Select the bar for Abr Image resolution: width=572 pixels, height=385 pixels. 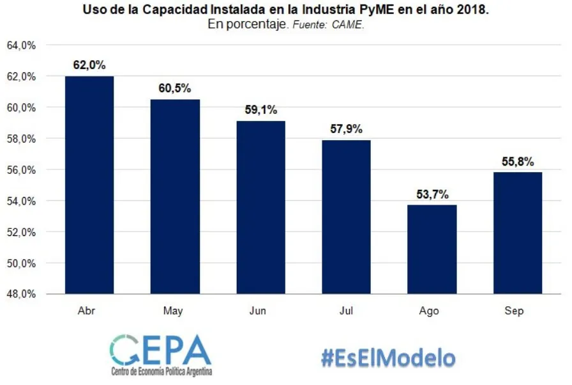click(89, 185)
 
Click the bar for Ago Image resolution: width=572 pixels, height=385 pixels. click(429, 249)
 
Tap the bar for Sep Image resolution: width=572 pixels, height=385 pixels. click(514, 233)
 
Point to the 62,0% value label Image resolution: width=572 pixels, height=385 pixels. click(89, 65)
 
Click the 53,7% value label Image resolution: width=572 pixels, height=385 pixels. click(429, 194)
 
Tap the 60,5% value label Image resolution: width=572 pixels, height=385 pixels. click(174, 88)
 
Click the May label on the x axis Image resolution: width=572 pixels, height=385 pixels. click(173, 311)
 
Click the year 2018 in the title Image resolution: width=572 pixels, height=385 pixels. click(472, 11)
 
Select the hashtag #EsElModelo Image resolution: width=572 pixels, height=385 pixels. click(388, 357)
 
